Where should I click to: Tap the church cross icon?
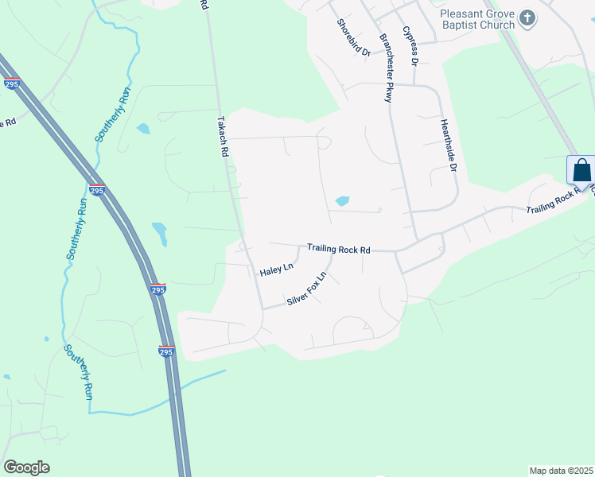tap(527, 17)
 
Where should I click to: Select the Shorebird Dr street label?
tap(353, 37)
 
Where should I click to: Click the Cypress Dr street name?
tap(410, 45)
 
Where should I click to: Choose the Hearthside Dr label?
tap(449, 145)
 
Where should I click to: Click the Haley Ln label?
tap(277, 271)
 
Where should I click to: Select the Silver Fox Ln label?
tap(307, 289)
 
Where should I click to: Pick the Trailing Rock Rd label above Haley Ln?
tap(339, 249)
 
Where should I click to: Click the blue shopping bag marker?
tap(581, 171)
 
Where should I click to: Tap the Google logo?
tap(26, 467)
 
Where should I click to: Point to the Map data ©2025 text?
tap(561, 471)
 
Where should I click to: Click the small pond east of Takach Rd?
tap(342, 201)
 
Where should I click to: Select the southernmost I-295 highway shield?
tap(165, 351)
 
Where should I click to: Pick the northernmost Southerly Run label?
tap(113, 114)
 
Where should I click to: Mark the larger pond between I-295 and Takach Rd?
tap(160, 233)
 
